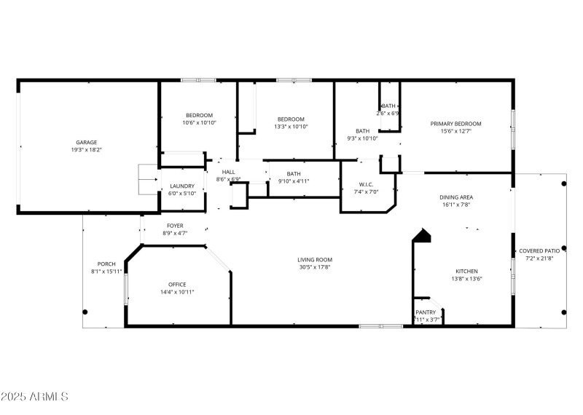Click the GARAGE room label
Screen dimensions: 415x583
click(87, 143)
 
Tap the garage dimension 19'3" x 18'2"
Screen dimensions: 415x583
click(87, 151)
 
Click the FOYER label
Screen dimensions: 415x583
click(175, 226)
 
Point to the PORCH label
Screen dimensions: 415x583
click(106, 264)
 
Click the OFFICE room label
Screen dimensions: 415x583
click(177, 284)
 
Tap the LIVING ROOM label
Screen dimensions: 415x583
click(315, 259)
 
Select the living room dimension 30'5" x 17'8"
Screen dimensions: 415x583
click(315, 267)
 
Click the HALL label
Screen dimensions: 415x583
click(228, 172)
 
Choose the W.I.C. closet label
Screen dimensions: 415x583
click(367, 184)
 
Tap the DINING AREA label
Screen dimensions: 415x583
click(456, 197)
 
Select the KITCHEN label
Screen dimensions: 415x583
click(466, 271)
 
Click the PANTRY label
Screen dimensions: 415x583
click(426, 312)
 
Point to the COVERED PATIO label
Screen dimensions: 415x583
click(539, 251)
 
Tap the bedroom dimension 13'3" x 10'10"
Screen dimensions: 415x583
click(291, 127)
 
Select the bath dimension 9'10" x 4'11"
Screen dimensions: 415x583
click(294, 181)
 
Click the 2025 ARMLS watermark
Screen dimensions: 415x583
click(34, 398)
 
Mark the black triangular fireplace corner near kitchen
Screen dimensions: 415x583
click(422, 236)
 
